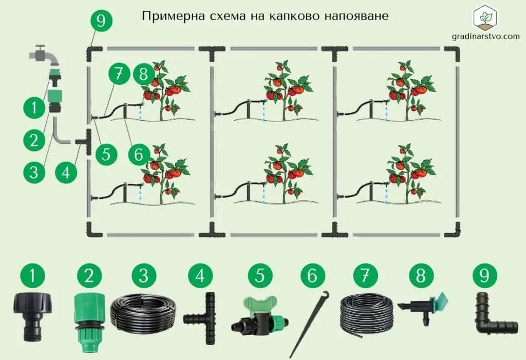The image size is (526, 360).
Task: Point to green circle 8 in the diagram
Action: [x=144, y=74]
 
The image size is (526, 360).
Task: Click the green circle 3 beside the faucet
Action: [x=33, y=172]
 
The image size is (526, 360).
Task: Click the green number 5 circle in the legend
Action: [x=260, y=276]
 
